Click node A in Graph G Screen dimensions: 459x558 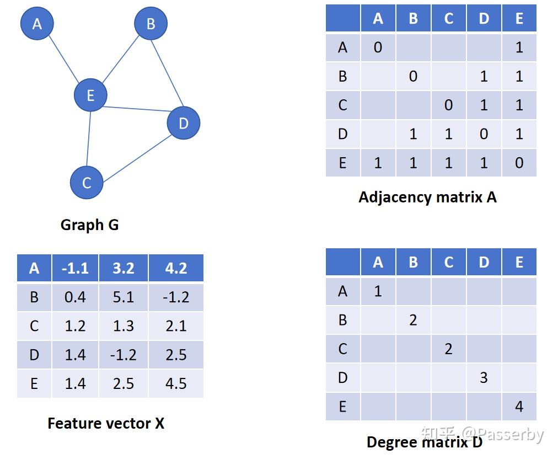[x=37, y=24]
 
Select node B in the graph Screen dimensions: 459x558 [x=151, y=24]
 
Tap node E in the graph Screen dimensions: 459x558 [x=90, y=95]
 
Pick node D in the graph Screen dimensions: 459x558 [x=183, y=123]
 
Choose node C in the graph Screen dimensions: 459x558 [x=87, y=183]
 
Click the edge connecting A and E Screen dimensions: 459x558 [x=64, y=60]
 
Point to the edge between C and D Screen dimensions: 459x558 [x=137, y=159]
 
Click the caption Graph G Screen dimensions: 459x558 [x=89, y=225]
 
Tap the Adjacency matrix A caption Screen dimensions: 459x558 [x=427, y=197]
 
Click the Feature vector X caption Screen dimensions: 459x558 [x=106, y=423]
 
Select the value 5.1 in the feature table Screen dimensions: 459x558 [x=123, y=297]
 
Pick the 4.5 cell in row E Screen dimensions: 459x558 [x=176, y=383]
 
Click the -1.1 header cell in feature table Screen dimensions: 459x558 [x=75, y=268]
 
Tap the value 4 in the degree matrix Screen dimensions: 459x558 [x=519, y=407]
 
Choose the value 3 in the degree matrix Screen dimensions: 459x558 [x=484, y=378]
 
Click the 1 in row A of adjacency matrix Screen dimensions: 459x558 [x=519, y=48]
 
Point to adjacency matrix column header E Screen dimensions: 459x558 [x=519, y=18]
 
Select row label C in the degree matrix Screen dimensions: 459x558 [x=342, y=349]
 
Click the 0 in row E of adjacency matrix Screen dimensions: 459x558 [x=519, y=163]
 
